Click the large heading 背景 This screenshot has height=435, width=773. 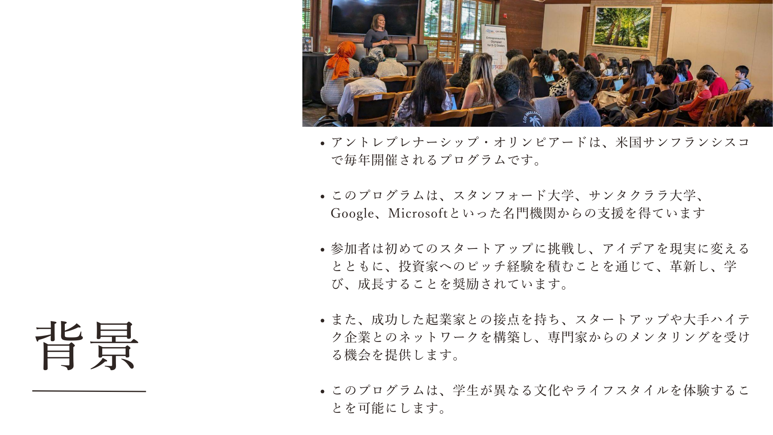pos(87,346)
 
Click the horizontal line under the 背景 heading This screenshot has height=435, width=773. pos(89,391)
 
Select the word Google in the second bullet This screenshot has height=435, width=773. pos(352,213)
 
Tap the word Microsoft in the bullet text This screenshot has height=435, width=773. pos(418,213)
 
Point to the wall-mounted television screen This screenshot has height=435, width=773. pos(374,17)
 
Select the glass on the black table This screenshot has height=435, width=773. pos(327,50)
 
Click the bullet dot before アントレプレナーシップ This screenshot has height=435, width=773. pos(322,143)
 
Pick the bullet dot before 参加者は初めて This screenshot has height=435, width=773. pos(322,250)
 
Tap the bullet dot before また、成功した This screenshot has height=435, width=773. pos(322,321)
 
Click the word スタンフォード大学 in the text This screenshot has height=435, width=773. pos(513,196)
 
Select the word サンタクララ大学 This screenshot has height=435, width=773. pos(642,196)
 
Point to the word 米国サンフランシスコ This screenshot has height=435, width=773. pos(682,142)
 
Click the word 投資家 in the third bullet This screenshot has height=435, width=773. pos(418,267)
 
